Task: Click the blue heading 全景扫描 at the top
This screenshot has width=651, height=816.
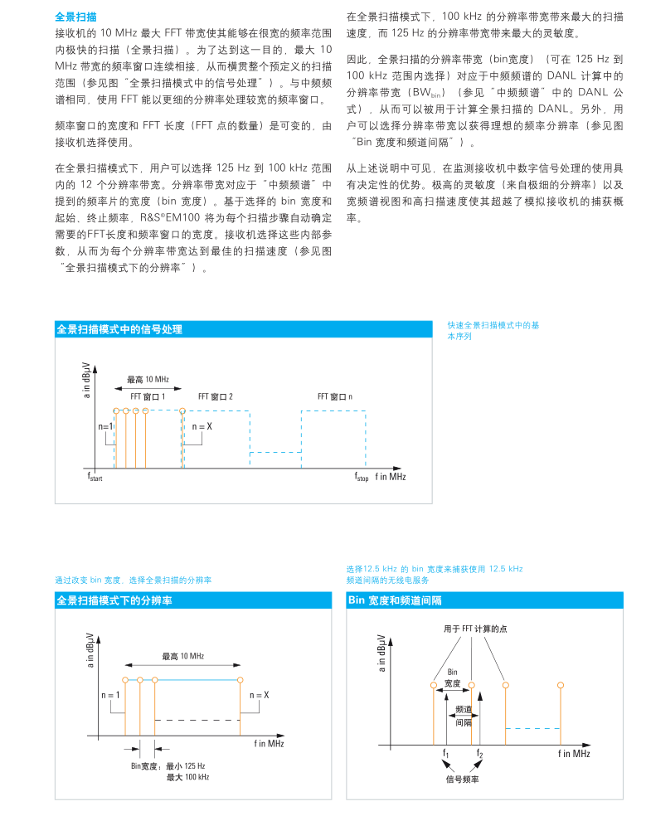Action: coord(75,16)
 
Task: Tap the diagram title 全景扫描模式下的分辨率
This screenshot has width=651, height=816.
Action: coord(113,600)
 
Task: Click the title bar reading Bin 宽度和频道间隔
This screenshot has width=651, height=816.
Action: coord(394,600)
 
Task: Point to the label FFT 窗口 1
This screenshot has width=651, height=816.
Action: coord(148,396)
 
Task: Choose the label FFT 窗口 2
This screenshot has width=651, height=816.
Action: coord(215,396)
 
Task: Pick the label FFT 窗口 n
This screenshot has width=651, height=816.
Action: coord(334,396)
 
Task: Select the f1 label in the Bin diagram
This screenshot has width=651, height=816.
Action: coord(446,753)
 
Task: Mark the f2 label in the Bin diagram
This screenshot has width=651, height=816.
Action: coord(479,753)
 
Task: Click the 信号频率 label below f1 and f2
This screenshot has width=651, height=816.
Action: coord(462,779)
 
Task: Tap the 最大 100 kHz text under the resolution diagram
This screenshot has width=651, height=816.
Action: coord(187,777)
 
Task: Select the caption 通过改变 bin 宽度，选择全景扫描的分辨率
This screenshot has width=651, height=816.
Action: coord(133,580)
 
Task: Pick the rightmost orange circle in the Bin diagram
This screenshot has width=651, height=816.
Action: coord(561,685)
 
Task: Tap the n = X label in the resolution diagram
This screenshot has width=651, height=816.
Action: coord(260,694)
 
